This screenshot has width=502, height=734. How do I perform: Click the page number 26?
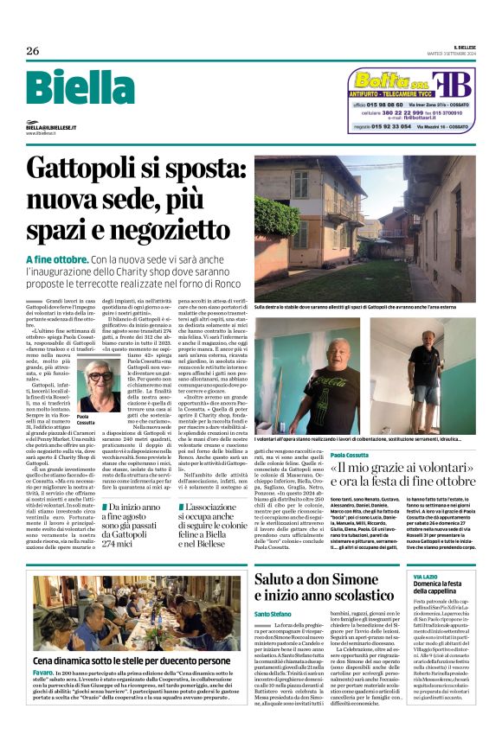32,51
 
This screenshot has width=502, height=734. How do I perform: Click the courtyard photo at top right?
369,228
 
